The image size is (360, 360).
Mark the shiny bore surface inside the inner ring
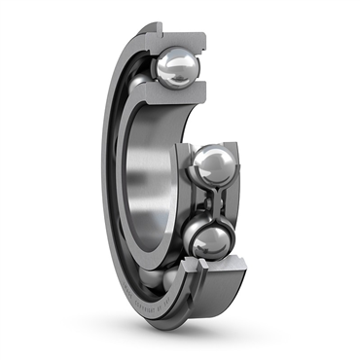[146, 185]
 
